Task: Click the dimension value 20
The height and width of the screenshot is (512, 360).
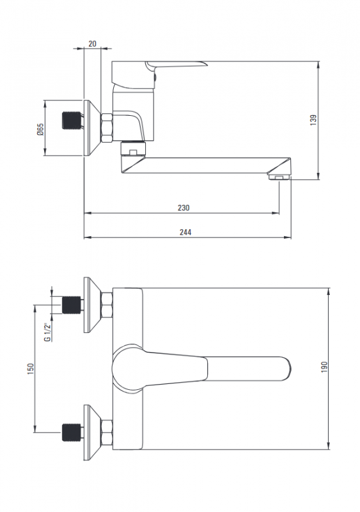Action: (92, 44)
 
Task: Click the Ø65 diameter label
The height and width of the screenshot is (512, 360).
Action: (40, 130)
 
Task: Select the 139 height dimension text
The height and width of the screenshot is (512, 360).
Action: (313, 120)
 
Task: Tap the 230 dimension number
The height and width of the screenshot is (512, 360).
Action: (184, 207)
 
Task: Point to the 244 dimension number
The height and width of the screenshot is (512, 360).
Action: (185, 232)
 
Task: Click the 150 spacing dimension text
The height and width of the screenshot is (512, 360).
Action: (31, 369)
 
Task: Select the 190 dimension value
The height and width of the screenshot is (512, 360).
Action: (324, 367)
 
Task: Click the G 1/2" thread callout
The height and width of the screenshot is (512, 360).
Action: (48, 332)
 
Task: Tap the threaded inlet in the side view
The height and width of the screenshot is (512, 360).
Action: (71, 120)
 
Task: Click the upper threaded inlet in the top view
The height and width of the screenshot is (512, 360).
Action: (71, 305)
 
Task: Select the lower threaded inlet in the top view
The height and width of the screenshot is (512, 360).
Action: (71, 433)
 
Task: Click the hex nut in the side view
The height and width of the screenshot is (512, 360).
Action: (107, 127)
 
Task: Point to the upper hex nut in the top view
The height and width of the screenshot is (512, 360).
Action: (107, 305)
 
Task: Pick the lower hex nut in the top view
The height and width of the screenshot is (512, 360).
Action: (107, 433)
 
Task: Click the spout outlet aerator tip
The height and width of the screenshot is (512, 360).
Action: (279, 177)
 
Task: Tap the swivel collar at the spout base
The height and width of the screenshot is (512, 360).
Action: (134, 148)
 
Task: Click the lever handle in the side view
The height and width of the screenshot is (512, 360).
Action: (176, 65)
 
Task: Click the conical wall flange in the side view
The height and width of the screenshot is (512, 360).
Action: (92, 127)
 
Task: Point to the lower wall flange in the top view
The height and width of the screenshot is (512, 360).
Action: (92, 433)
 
